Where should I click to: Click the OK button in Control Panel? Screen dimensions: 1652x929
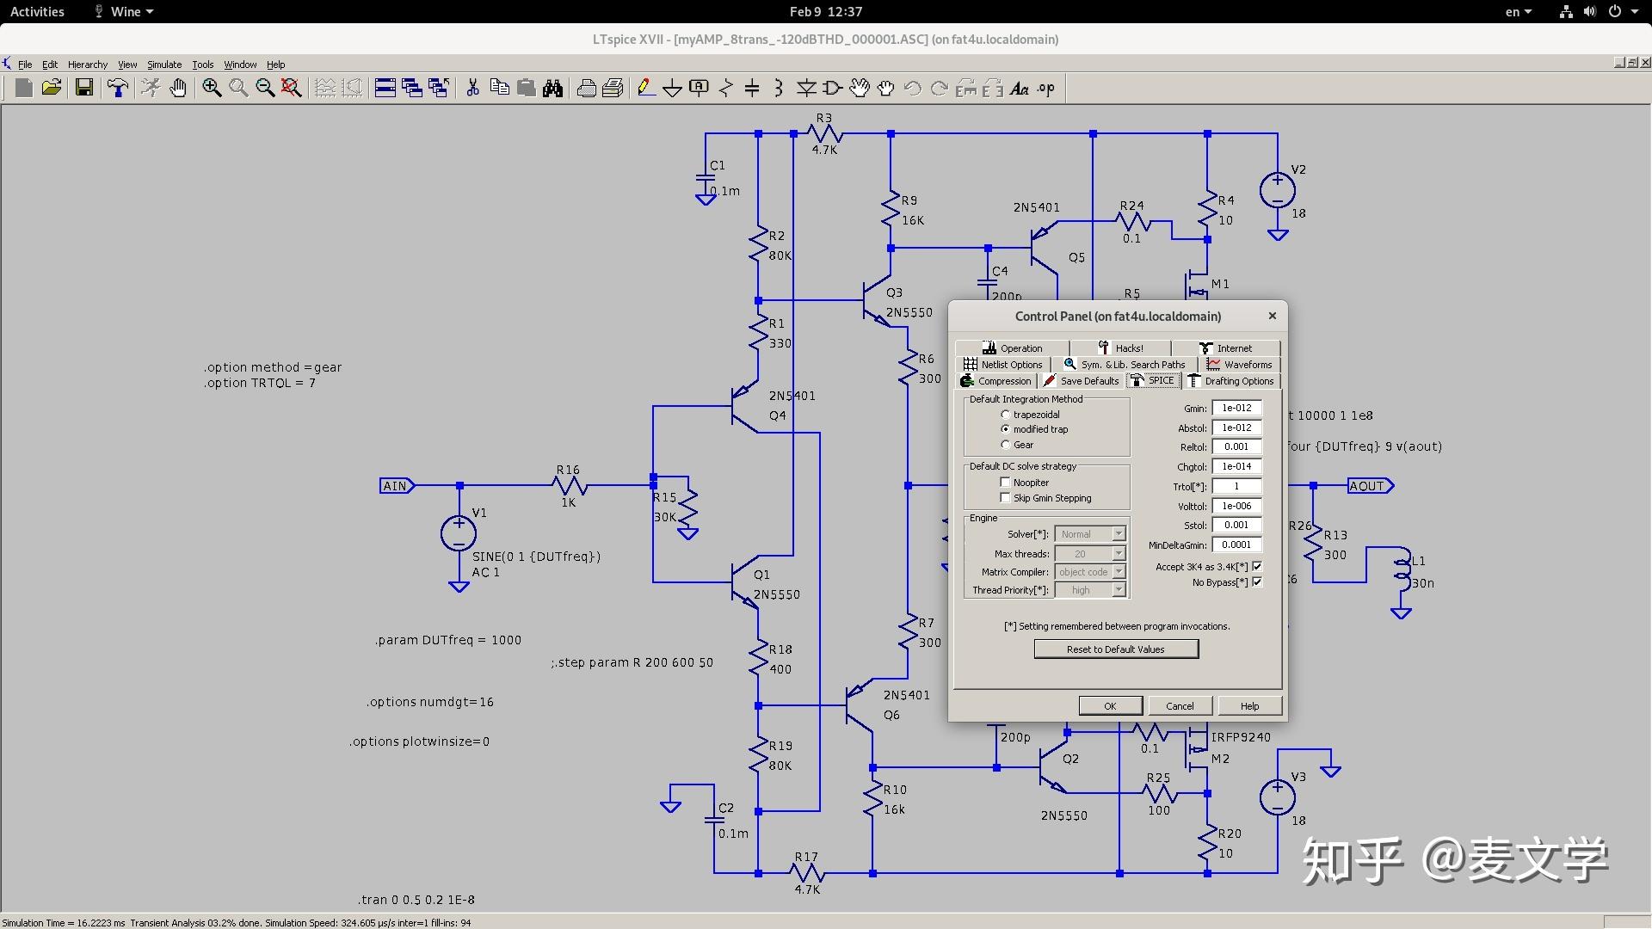(1111, 706)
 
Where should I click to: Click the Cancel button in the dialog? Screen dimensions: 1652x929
(1180, 706)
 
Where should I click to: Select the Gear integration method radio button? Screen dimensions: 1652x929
(1005, 445)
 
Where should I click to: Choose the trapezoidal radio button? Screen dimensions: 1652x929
(1005, 415)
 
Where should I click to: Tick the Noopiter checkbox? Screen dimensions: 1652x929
(1005, 483)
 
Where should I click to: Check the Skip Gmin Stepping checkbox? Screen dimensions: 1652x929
(1005, 498)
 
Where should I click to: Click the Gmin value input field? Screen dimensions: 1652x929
(1236, 409)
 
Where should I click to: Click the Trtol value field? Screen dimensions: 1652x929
(1236, 487)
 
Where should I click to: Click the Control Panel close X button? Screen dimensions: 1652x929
(1273, 316)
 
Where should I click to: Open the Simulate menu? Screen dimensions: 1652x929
(164, 65)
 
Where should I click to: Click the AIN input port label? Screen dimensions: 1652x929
(397, 486)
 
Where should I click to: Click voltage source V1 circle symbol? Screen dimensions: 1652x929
(459, 533)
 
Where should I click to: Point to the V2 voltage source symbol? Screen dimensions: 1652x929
(1278, 191)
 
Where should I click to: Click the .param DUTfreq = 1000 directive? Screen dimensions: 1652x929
(448, 640)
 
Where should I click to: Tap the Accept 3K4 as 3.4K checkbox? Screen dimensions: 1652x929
(1257, 566)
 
